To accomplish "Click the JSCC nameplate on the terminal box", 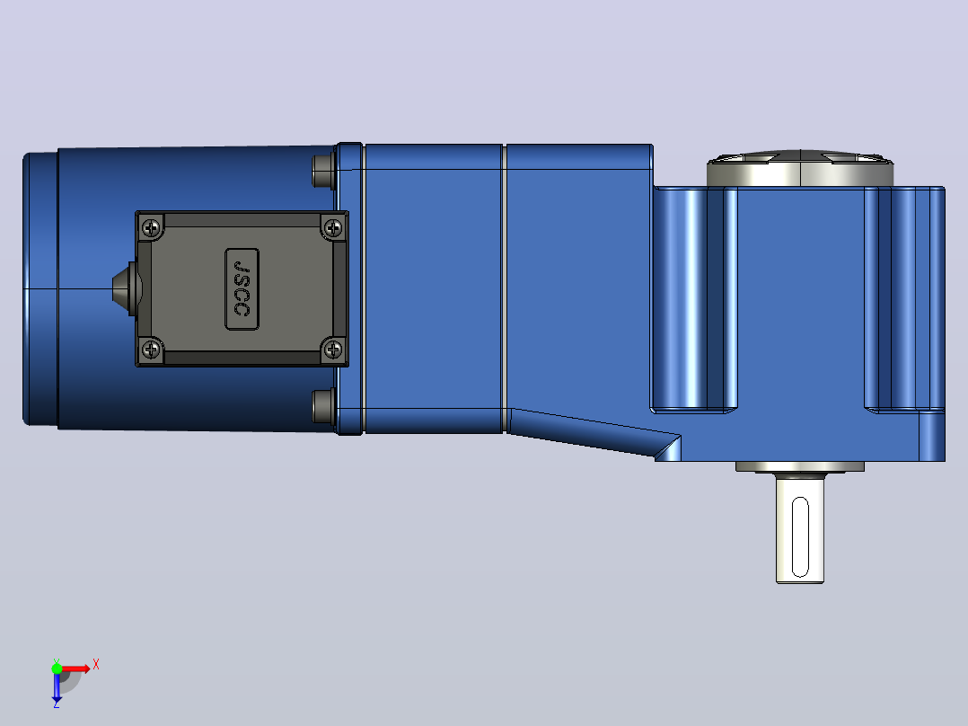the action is click(242, 289).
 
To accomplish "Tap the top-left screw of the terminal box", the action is click(151, 228).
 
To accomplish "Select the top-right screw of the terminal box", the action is click(333, 228).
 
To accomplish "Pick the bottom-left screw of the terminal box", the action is click(151, 350).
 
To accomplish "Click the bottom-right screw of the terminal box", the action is click(333, 350).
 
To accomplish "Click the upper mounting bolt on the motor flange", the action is click(324, 171).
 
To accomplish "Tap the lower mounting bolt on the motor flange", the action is click(324, 406).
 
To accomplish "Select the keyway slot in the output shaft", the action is click(800, 537).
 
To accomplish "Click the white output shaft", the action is click(800, 528).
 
